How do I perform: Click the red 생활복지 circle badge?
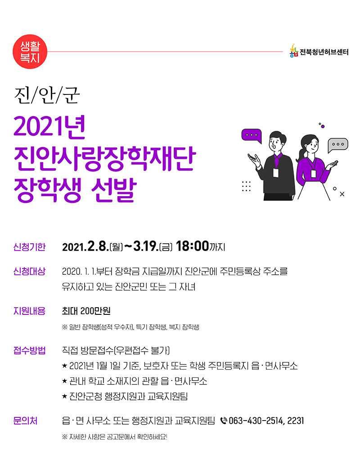pos(30,52)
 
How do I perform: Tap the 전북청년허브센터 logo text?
pos(324,52)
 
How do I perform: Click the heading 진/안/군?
pos(47,94)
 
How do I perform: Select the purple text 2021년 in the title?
pos(49,127)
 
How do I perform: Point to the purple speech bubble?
pos(252,135)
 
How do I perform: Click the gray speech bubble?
pos(338,145)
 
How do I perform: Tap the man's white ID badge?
pos(275,173)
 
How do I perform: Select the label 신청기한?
pos(29,246)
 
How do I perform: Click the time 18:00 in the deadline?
pos(192,246)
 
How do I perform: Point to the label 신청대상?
pos(29,271)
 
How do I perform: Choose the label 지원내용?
pos(29,311)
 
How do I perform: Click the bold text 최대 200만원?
pos(86,311)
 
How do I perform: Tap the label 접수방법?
pos(29,350)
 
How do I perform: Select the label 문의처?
pos(25,421)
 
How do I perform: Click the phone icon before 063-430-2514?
pos(224,421)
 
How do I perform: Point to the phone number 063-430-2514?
pos(256,421)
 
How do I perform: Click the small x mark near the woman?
pos(342,194)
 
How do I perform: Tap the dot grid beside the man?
pos(246,186)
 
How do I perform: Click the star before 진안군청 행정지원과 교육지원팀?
pos(65,396)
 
